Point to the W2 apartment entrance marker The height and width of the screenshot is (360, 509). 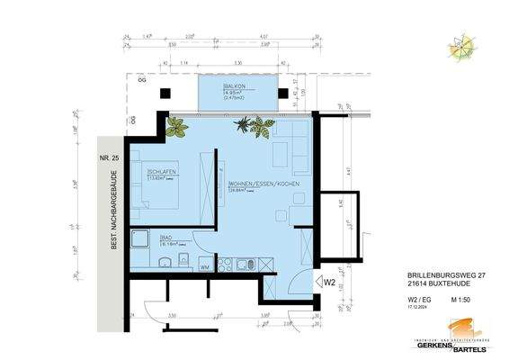pyautogui.click(x=330, y=282)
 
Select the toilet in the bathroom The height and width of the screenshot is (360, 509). pyautogui.click(x=183, y=263)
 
